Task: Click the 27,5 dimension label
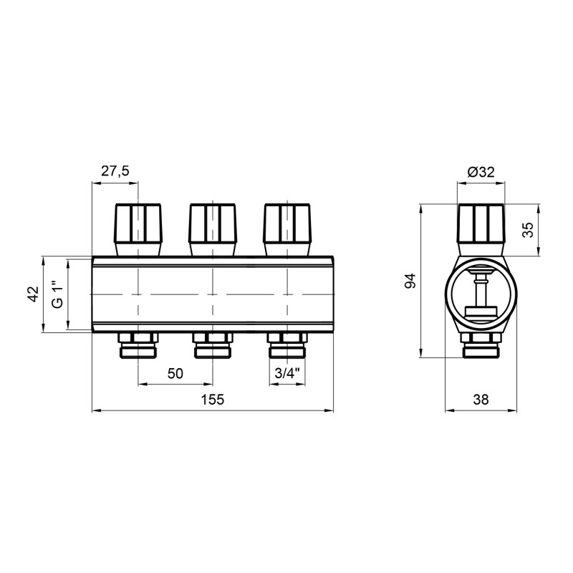pos(115,171)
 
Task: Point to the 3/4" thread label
pos(288,373)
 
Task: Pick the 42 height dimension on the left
pos(32,294)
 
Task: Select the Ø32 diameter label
pos(481,171)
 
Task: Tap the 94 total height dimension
pos(410,281)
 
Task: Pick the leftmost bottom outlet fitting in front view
pos(138,346)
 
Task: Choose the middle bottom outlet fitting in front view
pos(213,346)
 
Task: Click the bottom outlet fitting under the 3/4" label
pos(288,346)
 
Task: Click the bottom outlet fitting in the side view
pos(481,346)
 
